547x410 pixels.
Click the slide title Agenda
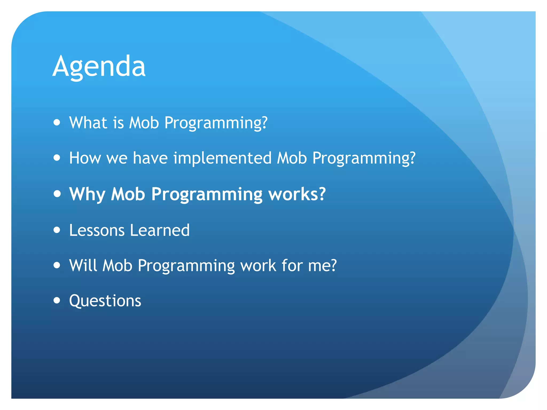click(99, 67)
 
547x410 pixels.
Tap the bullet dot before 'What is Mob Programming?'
click(57, 122)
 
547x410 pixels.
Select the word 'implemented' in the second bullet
click(222, 158)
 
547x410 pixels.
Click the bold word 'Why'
click(87, 194)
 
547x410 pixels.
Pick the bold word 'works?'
click(297, 194)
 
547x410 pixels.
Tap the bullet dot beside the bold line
click(57, 194)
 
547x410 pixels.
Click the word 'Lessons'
click(97, 230)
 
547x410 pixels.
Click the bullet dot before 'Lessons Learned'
click(57, 230)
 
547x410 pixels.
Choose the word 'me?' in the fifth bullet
click(322, 266)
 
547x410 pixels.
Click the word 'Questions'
click(105, 301)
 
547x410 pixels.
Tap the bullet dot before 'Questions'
click(57, 300)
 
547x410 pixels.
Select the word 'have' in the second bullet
click(150, 158)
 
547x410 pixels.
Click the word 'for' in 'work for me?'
click(292, 265)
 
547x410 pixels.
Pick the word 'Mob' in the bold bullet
click(128, 194)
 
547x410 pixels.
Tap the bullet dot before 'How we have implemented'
click(57, 157)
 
